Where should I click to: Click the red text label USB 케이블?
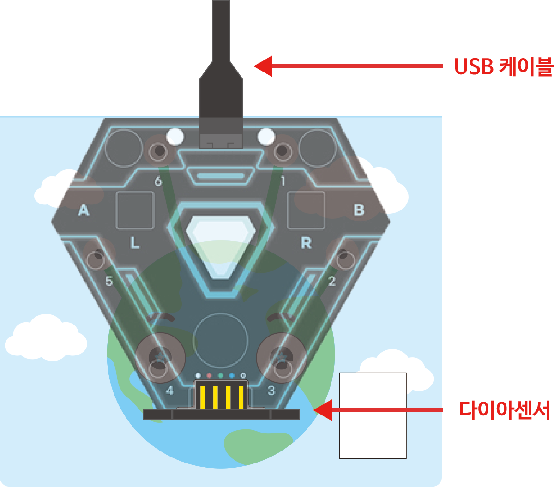pos(503,66)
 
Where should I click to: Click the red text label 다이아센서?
pos(504,410)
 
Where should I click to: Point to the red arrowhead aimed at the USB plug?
pos(263,66)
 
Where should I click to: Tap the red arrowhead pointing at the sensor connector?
pos(323,410)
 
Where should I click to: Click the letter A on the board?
pos(84,210)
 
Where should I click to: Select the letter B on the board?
pos(359,210)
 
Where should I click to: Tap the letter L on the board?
pos(134,243)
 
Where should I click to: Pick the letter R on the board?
pos(306,243)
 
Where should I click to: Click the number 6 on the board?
pos(158,181)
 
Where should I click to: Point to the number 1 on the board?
pos(283,181)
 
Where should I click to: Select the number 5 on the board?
pos(109,281)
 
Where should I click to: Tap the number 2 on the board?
pos(332,281)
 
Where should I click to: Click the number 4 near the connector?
pos(169,391)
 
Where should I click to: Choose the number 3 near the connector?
pos(271,391)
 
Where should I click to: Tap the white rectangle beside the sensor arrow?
pos(373,415)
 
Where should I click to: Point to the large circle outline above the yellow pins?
pos(221,313)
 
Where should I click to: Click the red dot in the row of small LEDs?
pos(209,375)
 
